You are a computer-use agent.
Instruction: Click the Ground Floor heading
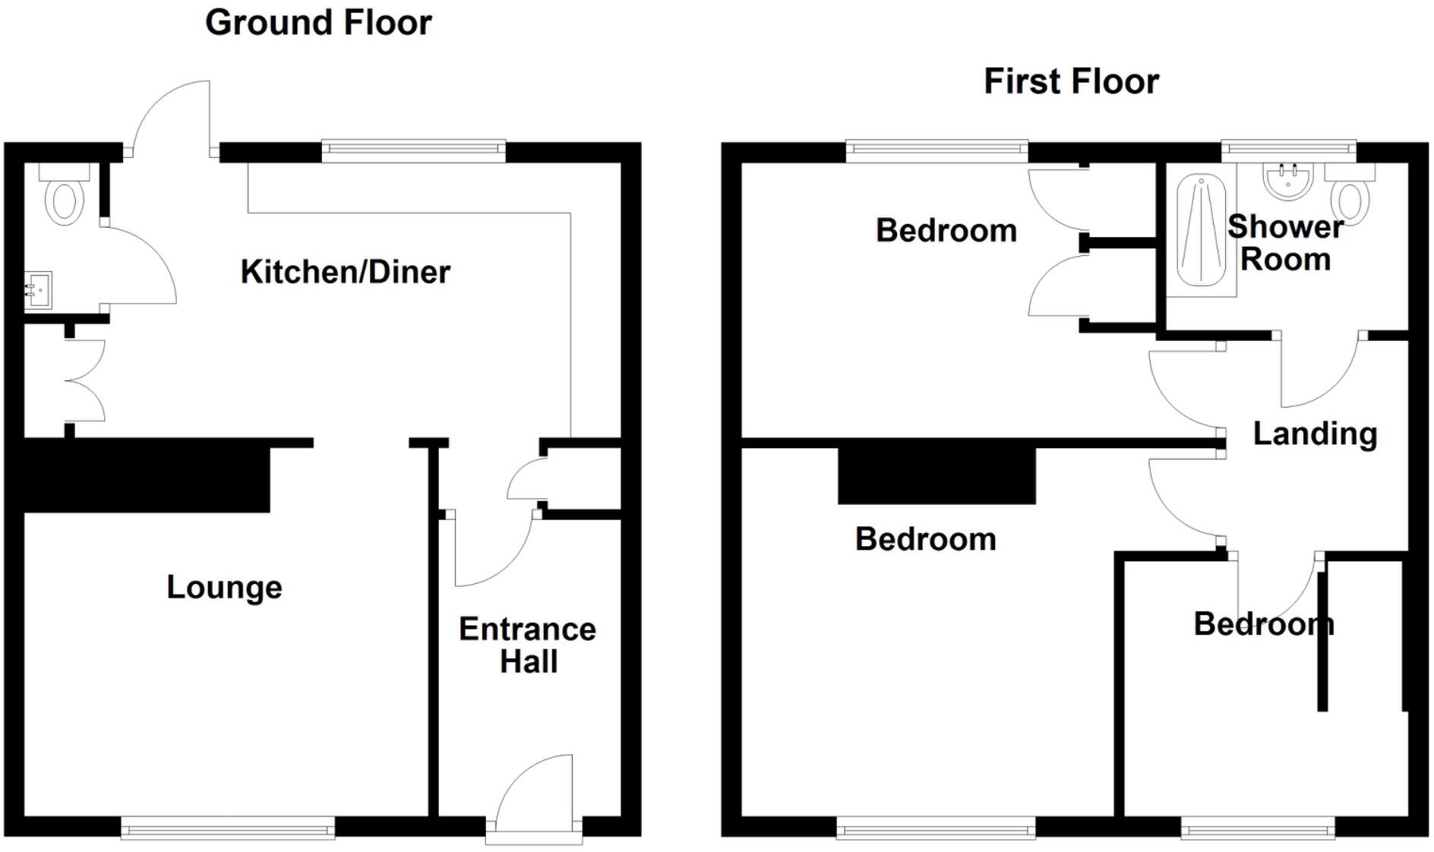318,23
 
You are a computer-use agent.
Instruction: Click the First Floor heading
1071,81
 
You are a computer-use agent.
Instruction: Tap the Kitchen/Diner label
345,272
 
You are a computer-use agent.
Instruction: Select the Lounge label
224,587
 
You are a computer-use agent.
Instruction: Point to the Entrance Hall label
528,645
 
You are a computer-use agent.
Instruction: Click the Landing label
1315,434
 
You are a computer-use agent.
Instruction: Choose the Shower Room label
1285,243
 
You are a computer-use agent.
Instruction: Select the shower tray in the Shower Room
1201,232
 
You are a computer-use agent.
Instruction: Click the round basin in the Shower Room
1289,181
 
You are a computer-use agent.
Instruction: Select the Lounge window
228,827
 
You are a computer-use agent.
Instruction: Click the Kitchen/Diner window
413,150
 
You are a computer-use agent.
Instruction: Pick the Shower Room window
1288,150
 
